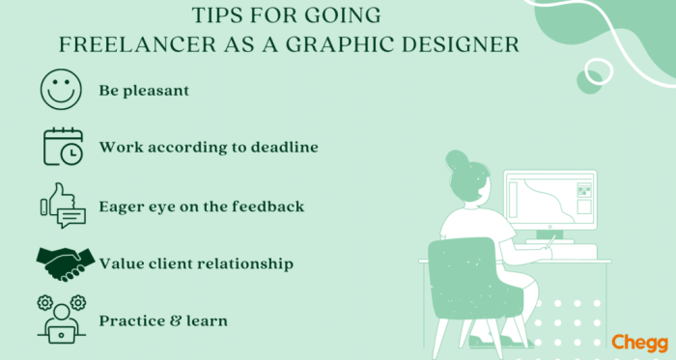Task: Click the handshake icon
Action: click(65, 261)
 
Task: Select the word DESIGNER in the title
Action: click(461, 44)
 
